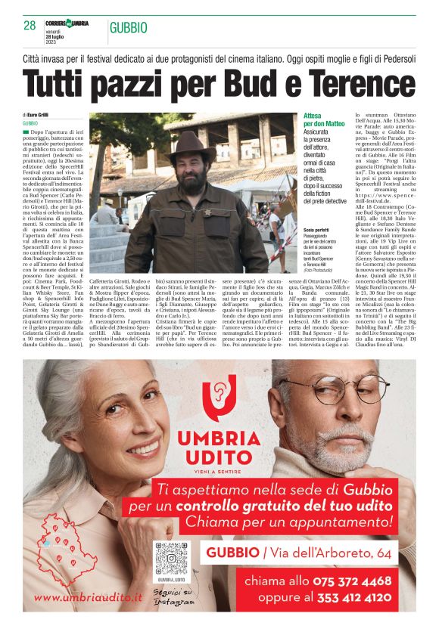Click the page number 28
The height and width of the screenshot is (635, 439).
pos(30,26)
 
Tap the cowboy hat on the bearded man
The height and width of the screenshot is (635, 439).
pos(192,141)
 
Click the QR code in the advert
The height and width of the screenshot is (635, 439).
pos(171,560)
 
